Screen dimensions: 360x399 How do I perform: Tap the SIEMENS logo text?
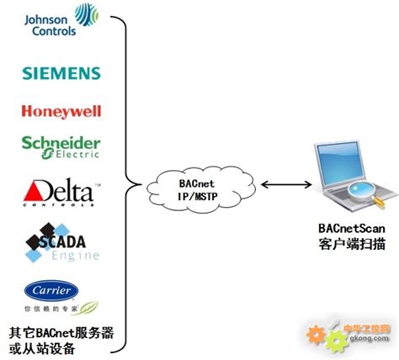[61, 73]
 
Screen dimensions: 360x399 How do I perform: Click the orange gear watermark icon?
[317, 336]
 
